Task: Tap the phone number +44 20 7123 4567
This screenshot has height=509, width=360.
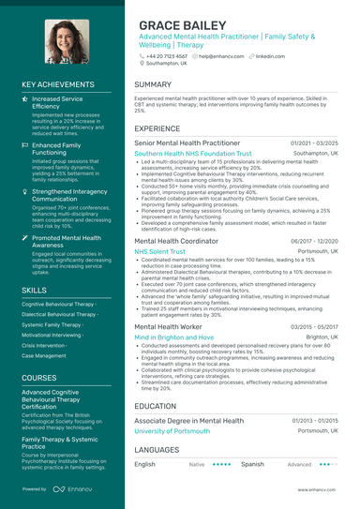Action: [167, 55]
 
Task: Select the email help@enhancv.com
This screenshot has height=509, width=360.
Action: [220, 55]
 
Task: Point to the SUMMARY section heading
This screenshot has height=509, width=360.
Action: [153, 84]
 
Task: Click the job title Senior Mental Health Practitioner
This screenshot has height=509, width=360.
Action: [187, 142]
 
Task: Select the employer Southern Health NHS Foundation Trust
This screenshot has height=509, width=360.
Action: [193, 153]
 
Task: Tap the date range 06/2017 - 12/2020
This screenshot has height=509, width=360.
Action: [314, 241]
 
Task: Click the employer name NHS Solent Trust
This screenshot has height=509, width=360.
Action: [159, 252]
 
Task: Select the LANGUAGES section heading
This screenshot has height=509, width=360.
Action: [157, 450]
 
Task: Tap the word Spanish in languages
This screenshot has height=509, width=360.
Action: [252, 464]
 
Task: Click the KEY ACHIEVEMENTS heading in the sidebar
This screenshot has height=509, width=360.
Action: [62, 84]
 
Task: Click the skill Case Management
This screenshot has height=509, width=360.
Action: [44, 356]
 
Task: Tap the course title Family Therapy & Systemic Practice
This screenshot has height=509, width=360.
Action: [60, 442]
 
